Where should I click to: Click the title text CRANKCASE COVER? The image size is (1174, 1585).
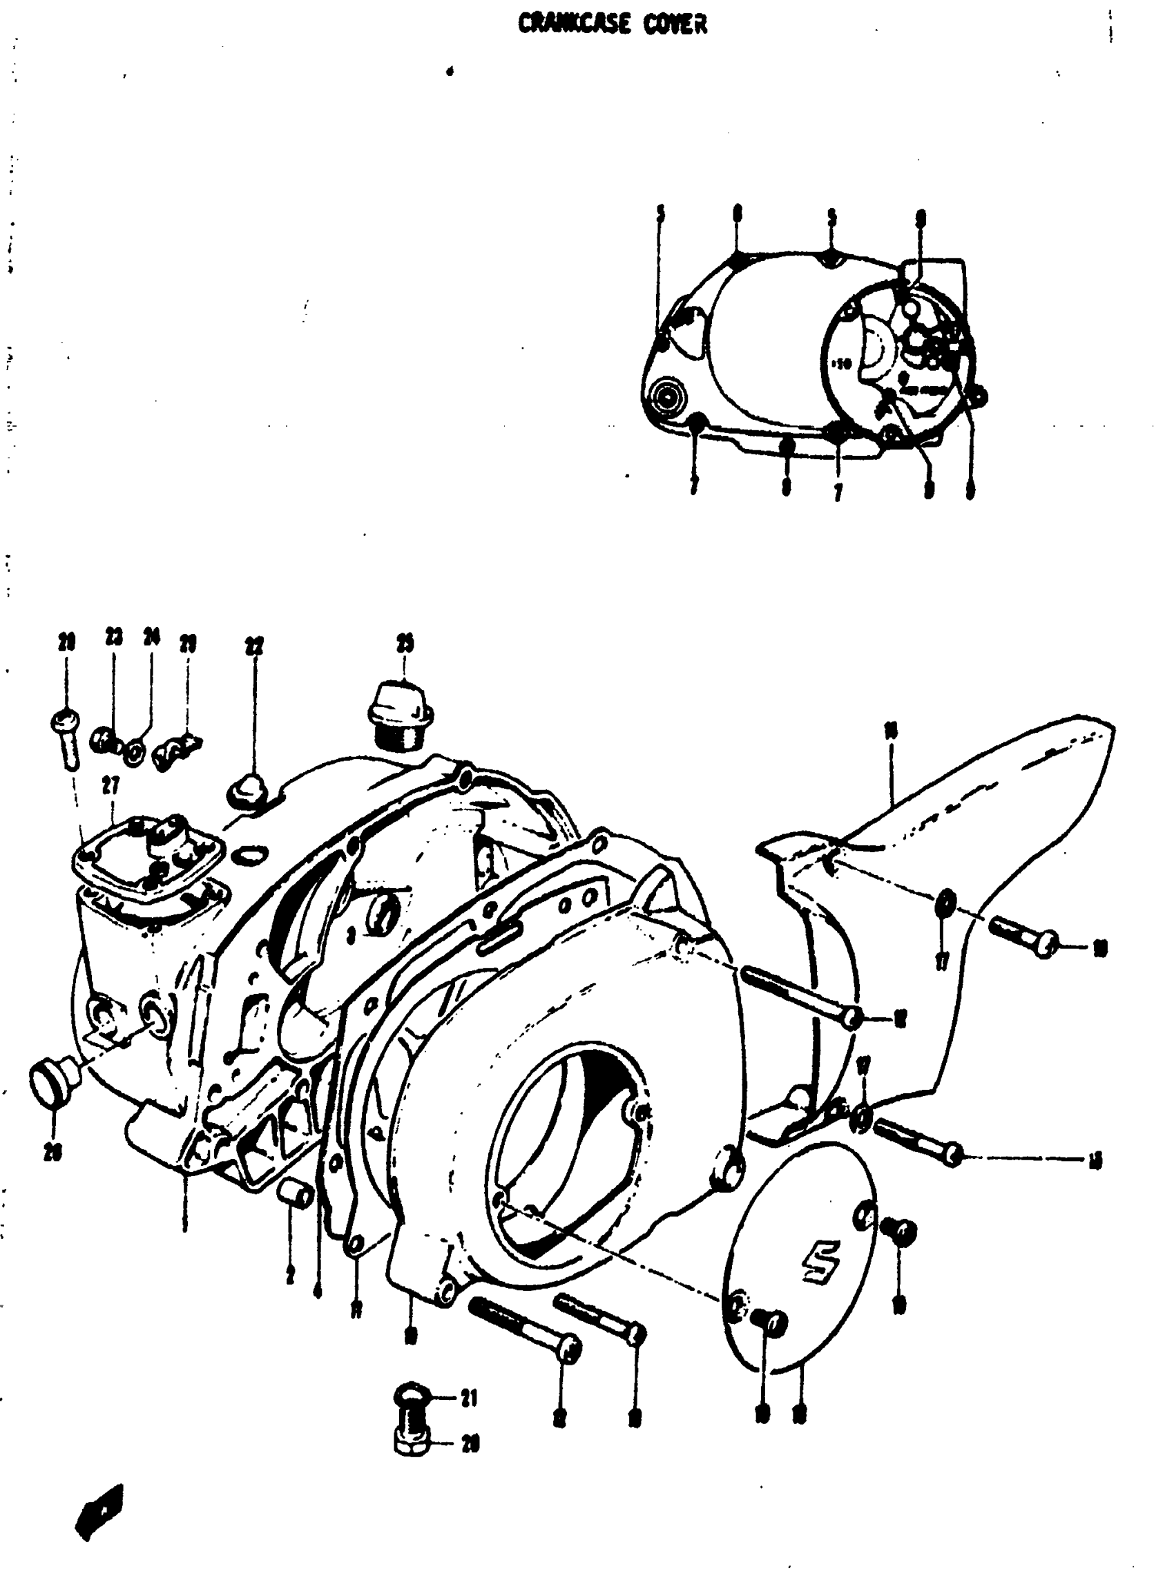tap(613, 24)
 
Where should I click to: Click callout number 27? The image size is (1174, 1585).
tap(110, 785)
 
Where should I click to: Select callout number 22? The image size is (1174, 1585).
tap(253, 646)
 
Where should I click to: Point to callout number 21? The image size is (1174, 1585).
tap(469, 1398)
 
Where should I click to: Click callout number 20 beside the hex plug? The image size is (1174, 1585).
tap(470, 1443)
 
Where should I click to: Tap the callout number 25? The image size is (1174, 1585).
tap(405, 642)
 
